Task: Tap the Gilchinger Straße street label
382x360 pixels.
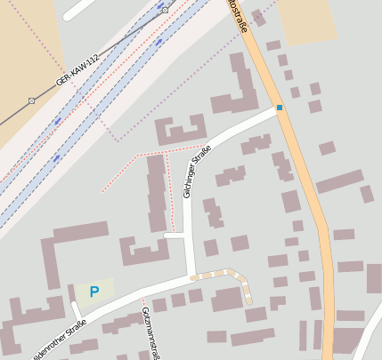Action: pyautogui.click(x=198, y=171)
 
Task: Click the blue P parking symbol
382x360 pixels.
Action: pyautogui.click(x=93, y=291)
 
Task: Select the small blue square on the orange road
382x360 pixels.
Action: pyautogui.click(x=279, y=108)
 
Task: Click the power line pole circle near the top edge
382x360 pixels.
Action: pyautogui.click(x=165, y=10)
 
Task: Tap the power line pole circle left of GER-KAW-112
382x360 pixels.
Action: pyautogui.click(x=31, y=100)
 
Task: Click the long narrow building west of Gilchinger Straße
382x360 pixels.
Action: pyautogui.click(x=157, y=192)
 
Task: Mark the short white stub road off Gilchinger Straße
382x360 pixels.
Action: pyautogui.click(x=174, y=236)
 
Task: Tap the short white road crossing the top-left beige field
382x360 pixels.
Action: pyautogui.click(x=78, y=8)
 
